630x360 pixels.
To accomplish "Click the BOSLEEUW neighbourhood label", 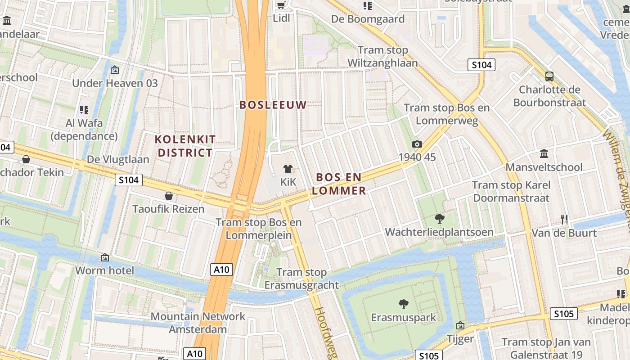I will pyautogui.click(x=273, y=105).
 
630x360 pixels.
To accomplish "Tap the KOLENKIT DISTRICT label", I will pyautogui.click(x=185, y=146).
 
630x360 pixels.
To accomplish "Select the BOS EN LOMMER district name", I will pyautogui.click(x=339, y=184).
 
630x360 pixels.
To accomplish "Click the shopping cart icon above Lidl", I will pyautogui.click(x=281, y=5).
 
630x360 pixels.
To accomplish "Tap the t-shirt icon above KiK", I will pyautogui.click(x=288, y=169).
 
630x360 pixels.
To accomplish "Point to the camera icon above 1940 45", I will pyautogui.click(x=417, y=144).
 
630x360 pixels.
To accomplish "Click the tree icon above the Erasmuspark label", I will pyautogui.click(x=404, y=304).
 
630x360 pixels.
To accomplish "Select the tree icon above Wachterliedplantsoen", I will pyautogui.click(x=439, y=219).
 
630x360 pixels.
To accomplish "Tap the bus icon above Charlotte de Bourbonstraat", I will pyautogui.click(x=549, y=76).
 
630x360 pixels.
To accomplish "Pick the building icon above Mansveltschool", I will pyautogui.click(x=544, y=154).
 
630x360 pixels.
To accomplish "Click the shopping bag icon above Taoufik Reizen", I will pyautogui.click(x=169, y=196).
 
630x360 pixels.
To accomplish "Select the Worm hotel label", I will pyautogui.click(x=105, y=270).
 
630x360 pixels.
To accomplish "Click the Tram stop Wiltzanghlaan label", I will pyautogui.click(x=383, y=56).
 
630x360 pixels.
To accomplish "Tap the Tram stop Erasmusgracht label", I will pyautogui.click(x=301, y=279).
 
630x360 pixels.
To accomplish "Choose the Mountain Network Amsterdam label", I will pyautogui.click(x=198, y=323).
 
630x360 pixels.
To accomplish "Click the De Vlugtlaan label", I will pyautogui.click(x=118, y=159).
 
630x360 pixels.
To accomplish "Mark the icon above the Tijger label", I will pyautogui.click(x=460, y=325).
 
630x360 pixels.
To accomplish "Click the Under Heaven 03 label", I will pyautogui.click(x=115, y=83).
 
